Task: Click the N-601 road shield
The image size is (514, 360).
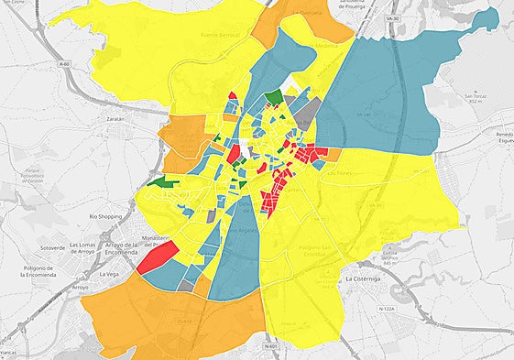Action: point(268,346)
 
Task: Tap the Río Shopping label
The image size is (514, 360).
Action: point(105,216)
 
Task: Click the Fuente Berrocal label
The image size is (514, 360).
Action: point(218,34)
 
